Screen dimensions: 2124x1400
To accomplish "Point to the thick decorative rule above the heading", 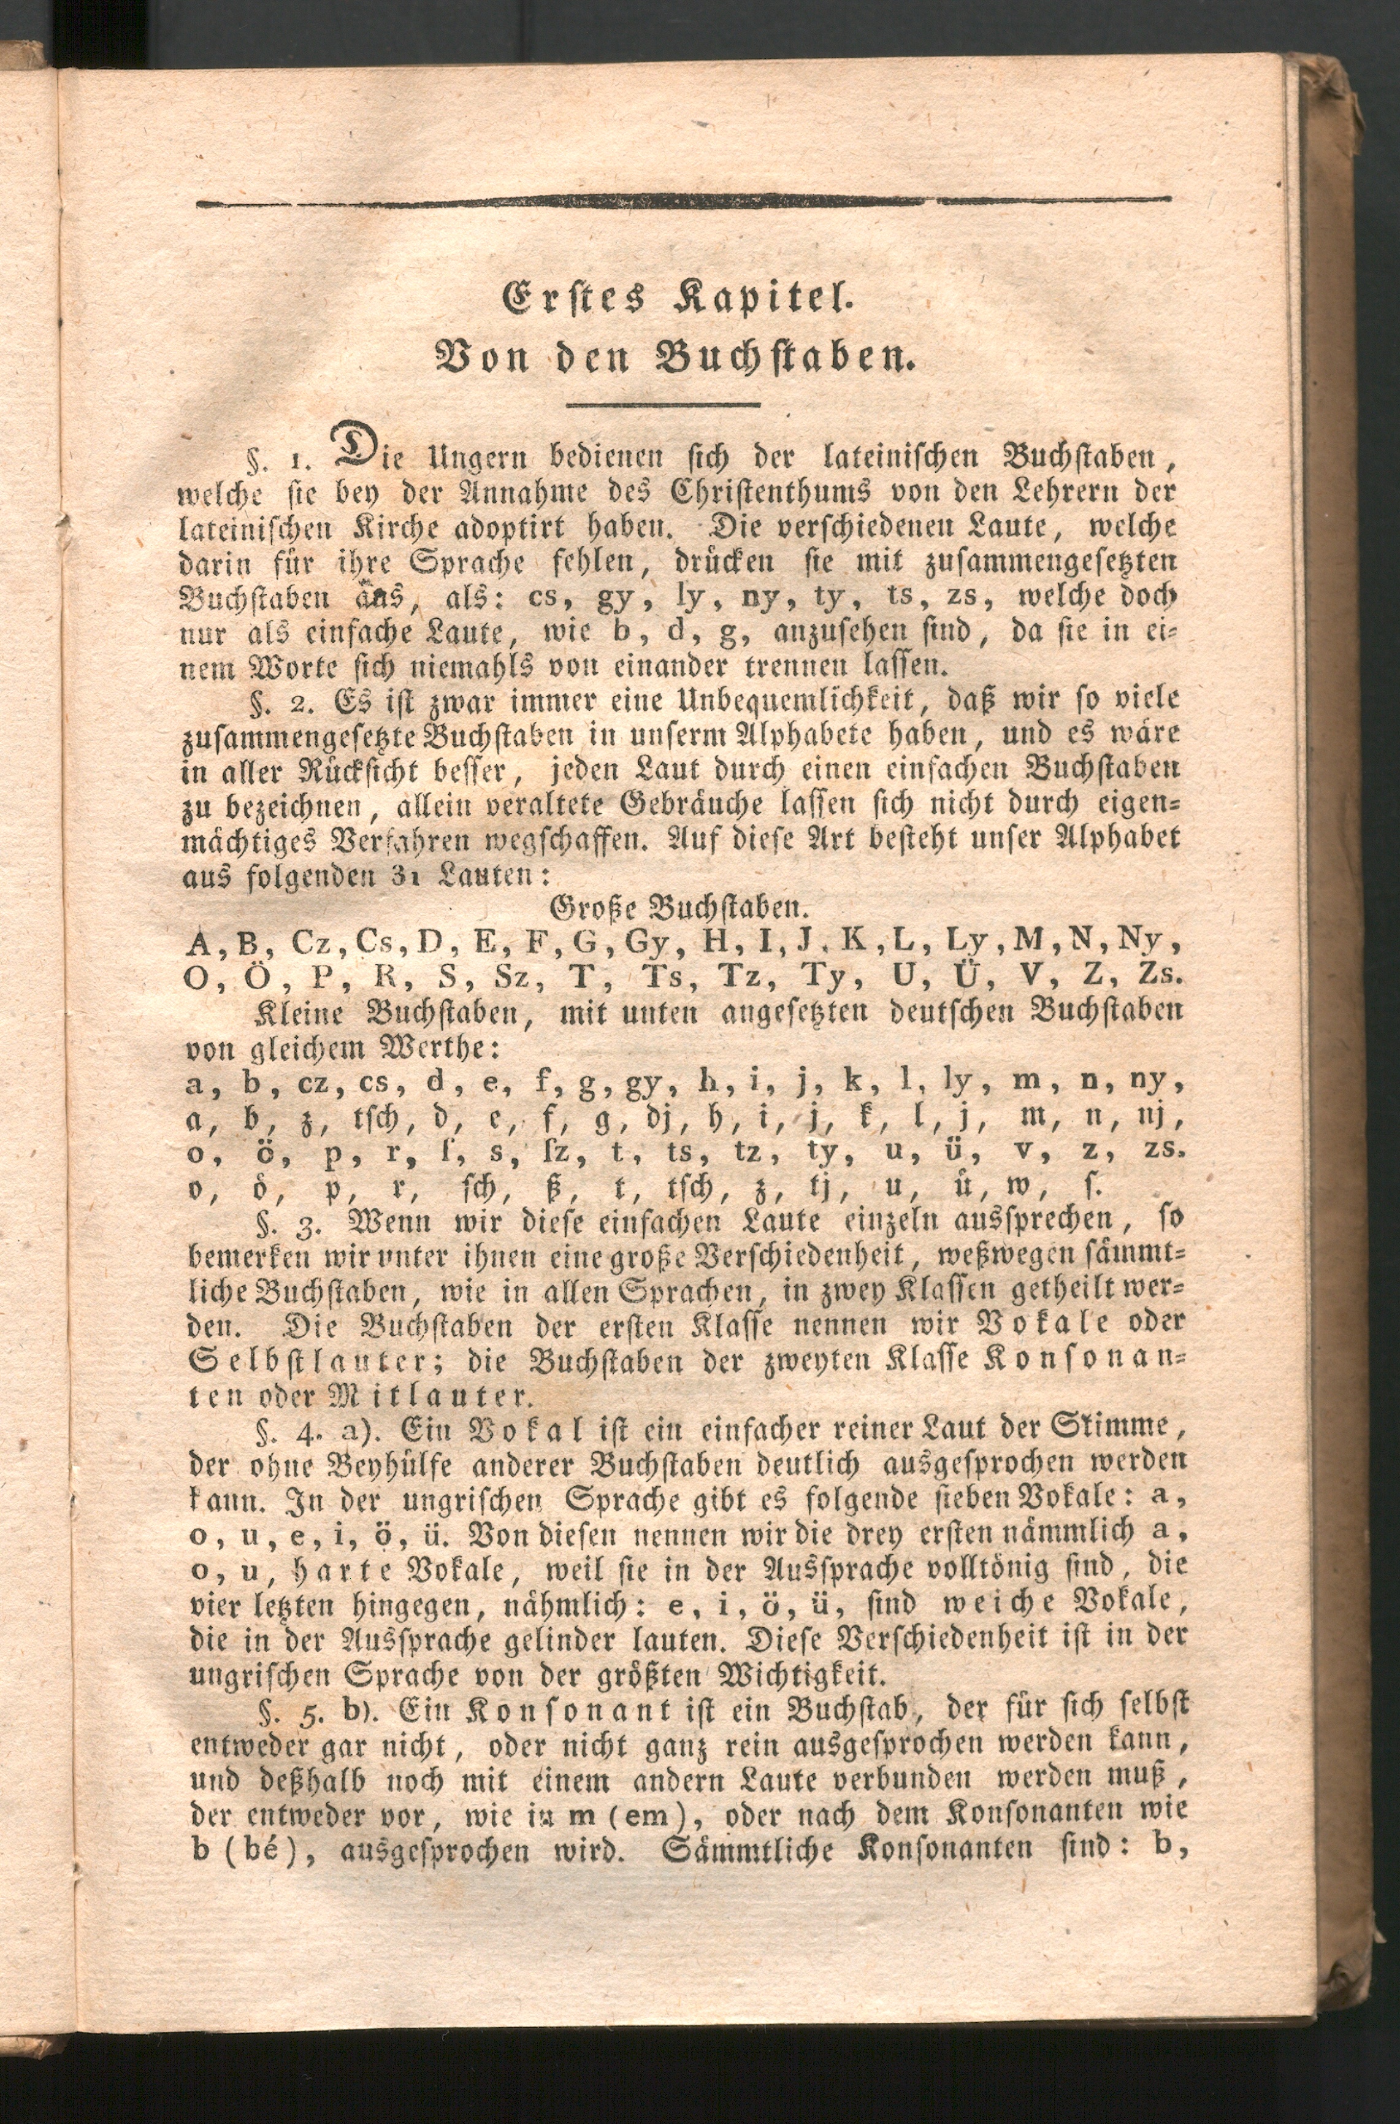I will pos(683,202).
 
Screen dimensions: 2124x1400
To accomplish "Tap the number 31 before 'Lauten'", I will pos(400,878).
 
